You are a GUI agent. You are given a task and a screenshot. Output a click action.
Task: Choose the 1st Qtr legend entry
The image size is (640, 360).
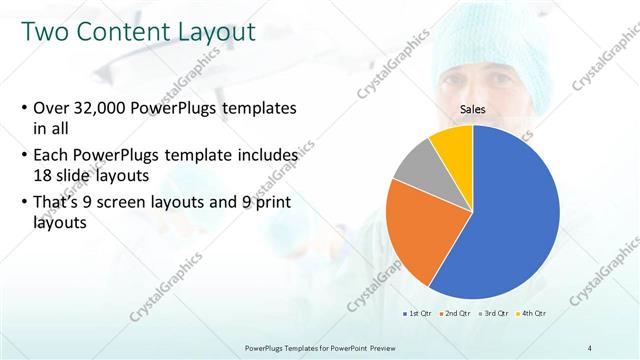(x=418, y=313)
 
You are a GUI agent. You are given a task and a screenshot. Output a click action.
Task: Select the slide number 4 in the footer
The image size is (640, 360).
(x=589, y=347)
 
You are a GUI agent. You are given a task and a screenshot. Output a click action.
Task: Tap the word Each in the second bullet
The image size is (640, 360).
(x=53, y=156)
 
